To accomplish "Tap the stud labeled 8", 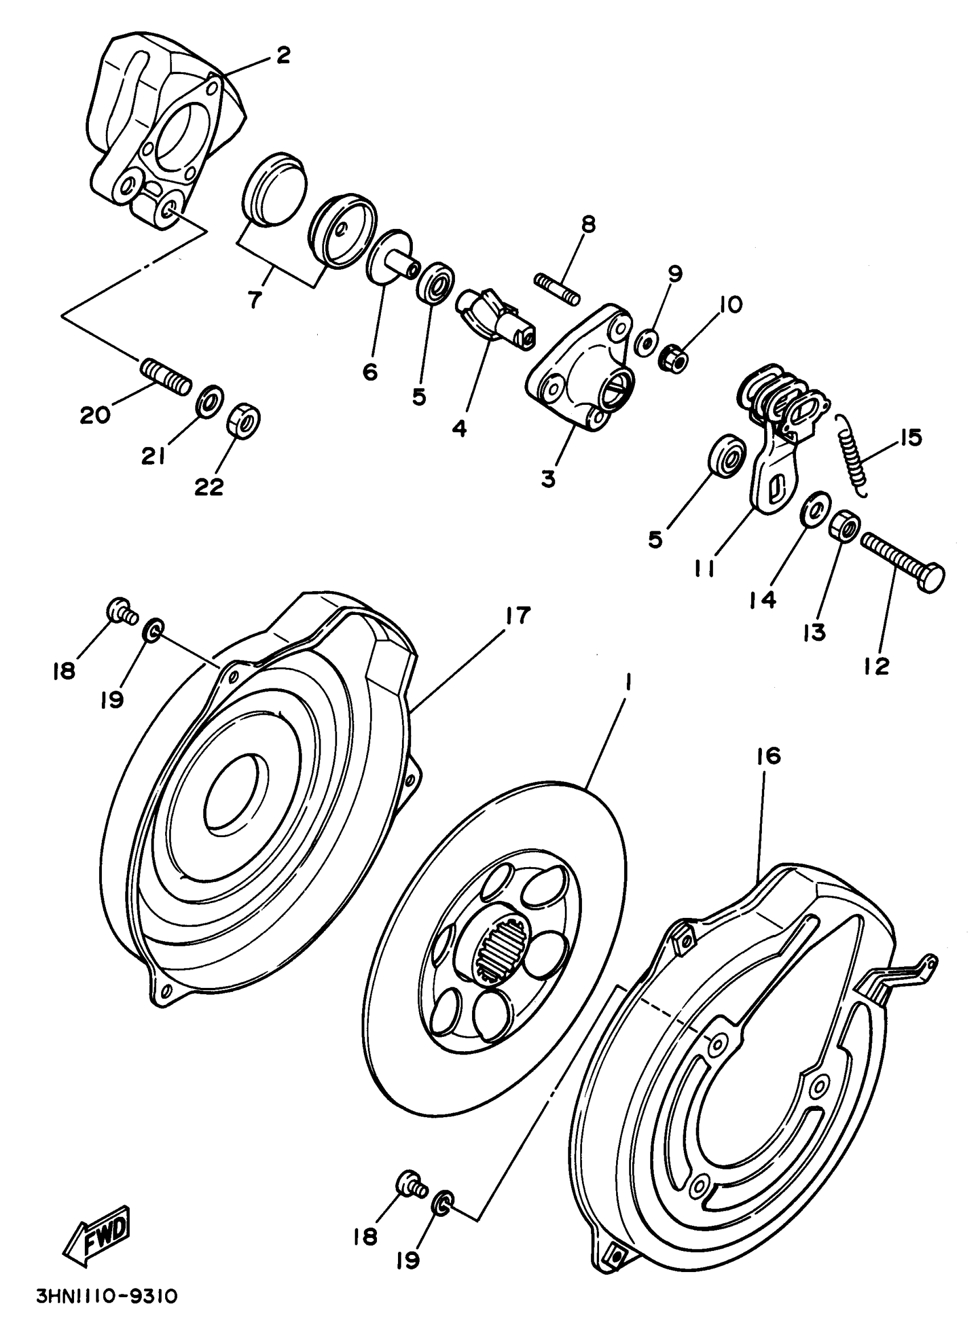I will pos(557,289).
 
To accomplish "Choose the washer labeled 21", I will pos(208,400).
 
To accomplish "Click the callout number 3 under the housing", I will pos(547,479).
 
